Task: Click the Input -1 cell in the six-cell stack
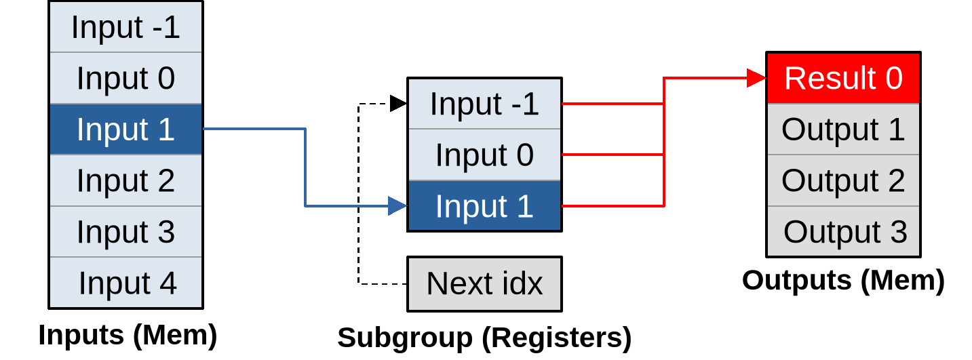(x=125, y=27)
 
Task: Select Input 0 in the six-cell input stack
(x=125, y=78)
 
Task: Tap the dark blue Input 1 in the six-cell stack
(x=125, y=129)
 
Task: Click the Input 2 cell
(x=125, y=180)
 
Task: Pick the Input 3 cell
(x=125, y=231)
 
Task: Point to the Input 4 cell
(x=125, y=282)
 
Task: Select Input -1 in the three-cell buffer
(x=484, y=104)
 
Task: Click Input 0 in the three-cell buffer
(x=484, y=155)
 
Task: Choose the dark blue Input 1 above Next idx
(x=484, y=205)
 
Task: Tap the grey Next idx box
(x=484, y=283)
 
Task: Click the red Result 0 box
(x=843, y=78)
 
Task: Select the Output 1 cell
(x=843, y=129)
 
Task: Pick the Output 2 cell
(x=843, y=180)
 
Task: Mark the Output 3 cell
(x=843, y=231)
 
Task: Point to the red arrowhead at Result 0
(x=756, y=78)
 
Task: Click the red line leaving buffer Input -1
(x=610, y=104)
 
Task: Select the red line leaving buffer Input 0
(x=610, y=155)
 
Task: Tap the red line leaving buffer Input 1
(x=610, y=205)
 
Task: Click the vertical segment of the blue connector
(x=305, y=167)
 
